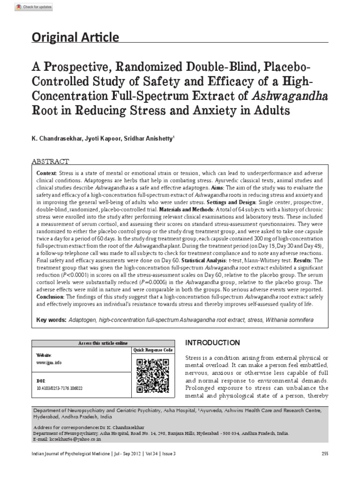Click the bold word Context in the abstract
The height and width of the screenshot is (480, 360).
coord(46,173)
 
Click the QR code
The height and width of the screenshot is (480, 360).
coord(153,375)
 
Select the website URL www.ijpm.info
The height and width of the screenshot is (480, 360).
coord(48,362)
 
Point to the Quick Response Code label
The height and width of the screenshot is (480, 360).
coord(153,350)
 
